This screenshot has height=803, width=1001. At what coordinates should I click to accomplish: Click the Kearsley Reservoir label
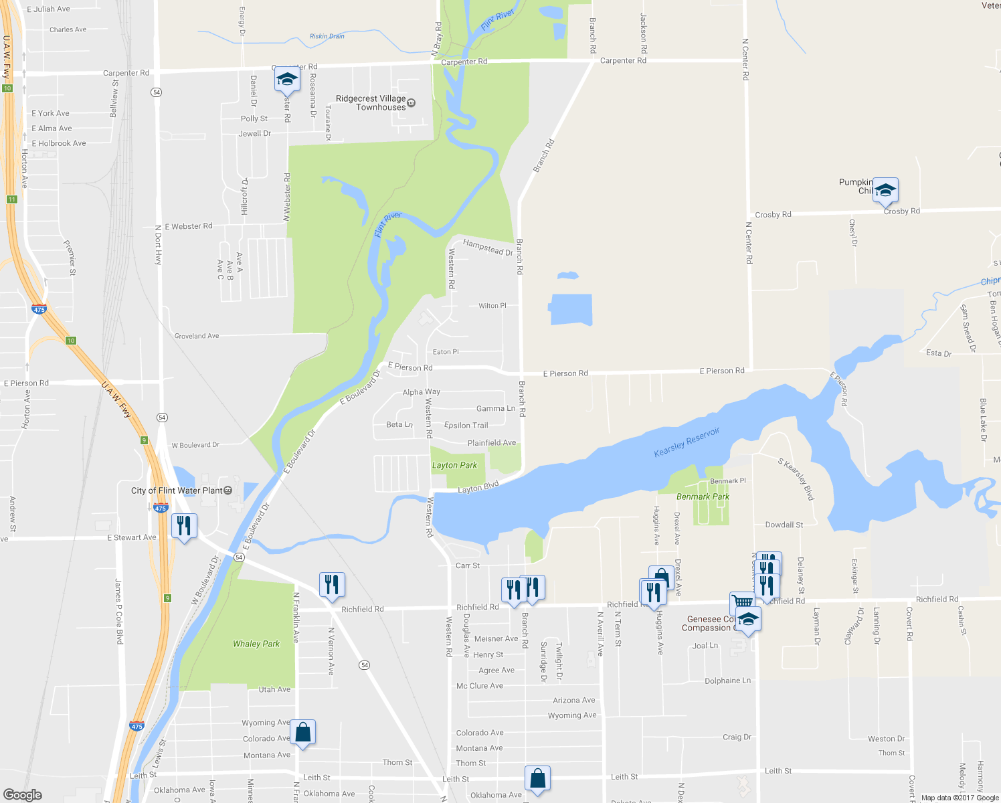click(687, 442)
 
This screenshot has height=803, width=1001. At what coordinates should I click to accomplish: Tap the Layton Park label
click(454, 465)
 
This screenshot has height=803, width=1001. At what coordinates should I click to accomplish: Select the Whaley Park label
click(256, 644)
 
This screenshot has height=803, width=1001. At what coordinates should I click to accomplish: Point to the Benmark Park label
click(703, 497)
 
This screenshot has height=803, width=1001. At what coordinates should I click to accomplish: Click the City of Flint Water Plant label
click(177, 490)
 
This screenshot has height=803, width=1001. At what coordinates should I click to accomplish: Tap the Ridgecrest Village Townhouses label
click(371, 102)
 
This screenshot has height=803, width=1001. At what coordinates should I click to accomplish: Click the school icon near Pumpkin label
click(885, 191)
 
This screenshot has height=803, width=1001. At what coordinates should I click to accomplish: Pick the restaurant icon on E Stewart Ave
click(184, 525)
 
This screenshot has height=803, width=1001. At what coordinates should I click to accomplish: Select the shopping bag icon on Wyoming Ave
click(302, 732)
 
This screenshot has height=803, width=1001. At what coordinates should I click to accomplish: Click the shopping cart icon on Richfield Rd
click(742, 602)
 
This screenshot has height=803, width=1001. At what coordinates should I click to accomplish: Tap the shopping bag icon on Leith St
click(537, 778)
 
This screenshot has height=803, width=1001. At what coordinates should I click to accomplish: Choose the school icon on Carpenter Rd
click(287, 80)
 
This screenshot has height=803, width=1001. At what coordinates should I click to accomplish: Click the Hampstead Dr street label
click(488, 248)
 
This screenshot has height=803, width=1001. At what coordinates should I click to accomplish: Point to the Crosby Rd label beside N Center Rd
click(773, 215)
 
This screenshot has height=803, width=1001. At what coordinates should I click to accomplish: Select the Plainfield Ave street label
click(492, 443)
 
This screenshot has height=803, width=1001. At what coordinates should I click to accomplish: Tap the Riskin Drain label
click(327, 36)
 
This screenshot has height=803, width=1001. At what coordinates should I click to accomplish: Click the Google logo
click(23, 795)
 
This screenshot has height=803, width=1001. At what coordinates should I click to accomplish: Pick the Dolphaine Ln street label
click(727, 681)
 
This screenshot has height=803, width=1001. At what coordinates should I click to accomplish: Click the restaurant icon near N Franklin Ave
click(332, 584)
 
